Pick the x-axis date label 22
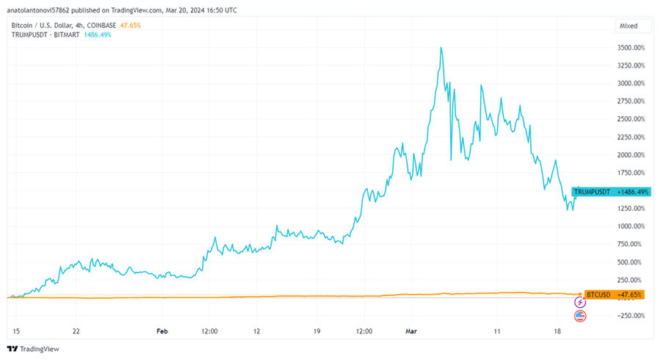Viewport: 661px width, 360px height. coord(76,331)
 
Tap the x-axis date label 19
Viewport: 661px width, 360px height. coord(317,331)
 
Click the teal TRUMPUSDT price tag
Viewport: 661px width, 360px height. coord(592,192)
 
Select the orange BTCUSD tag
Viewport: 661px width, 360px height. coord(598,295)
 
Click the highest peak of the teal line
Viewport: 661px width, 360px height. coord(441,48)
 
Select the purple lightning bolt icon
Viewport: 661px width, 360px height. coord(580,302)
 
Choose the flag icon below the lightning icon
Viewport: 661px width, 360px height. coord(580,316)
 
